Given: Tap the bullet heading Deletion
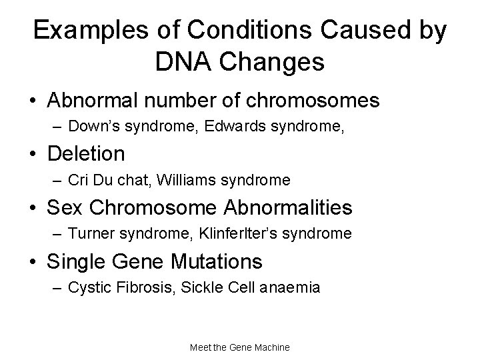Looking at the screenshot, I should click(86, 154).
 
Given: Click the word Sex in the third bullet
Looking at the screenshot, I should click(65, 207).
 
